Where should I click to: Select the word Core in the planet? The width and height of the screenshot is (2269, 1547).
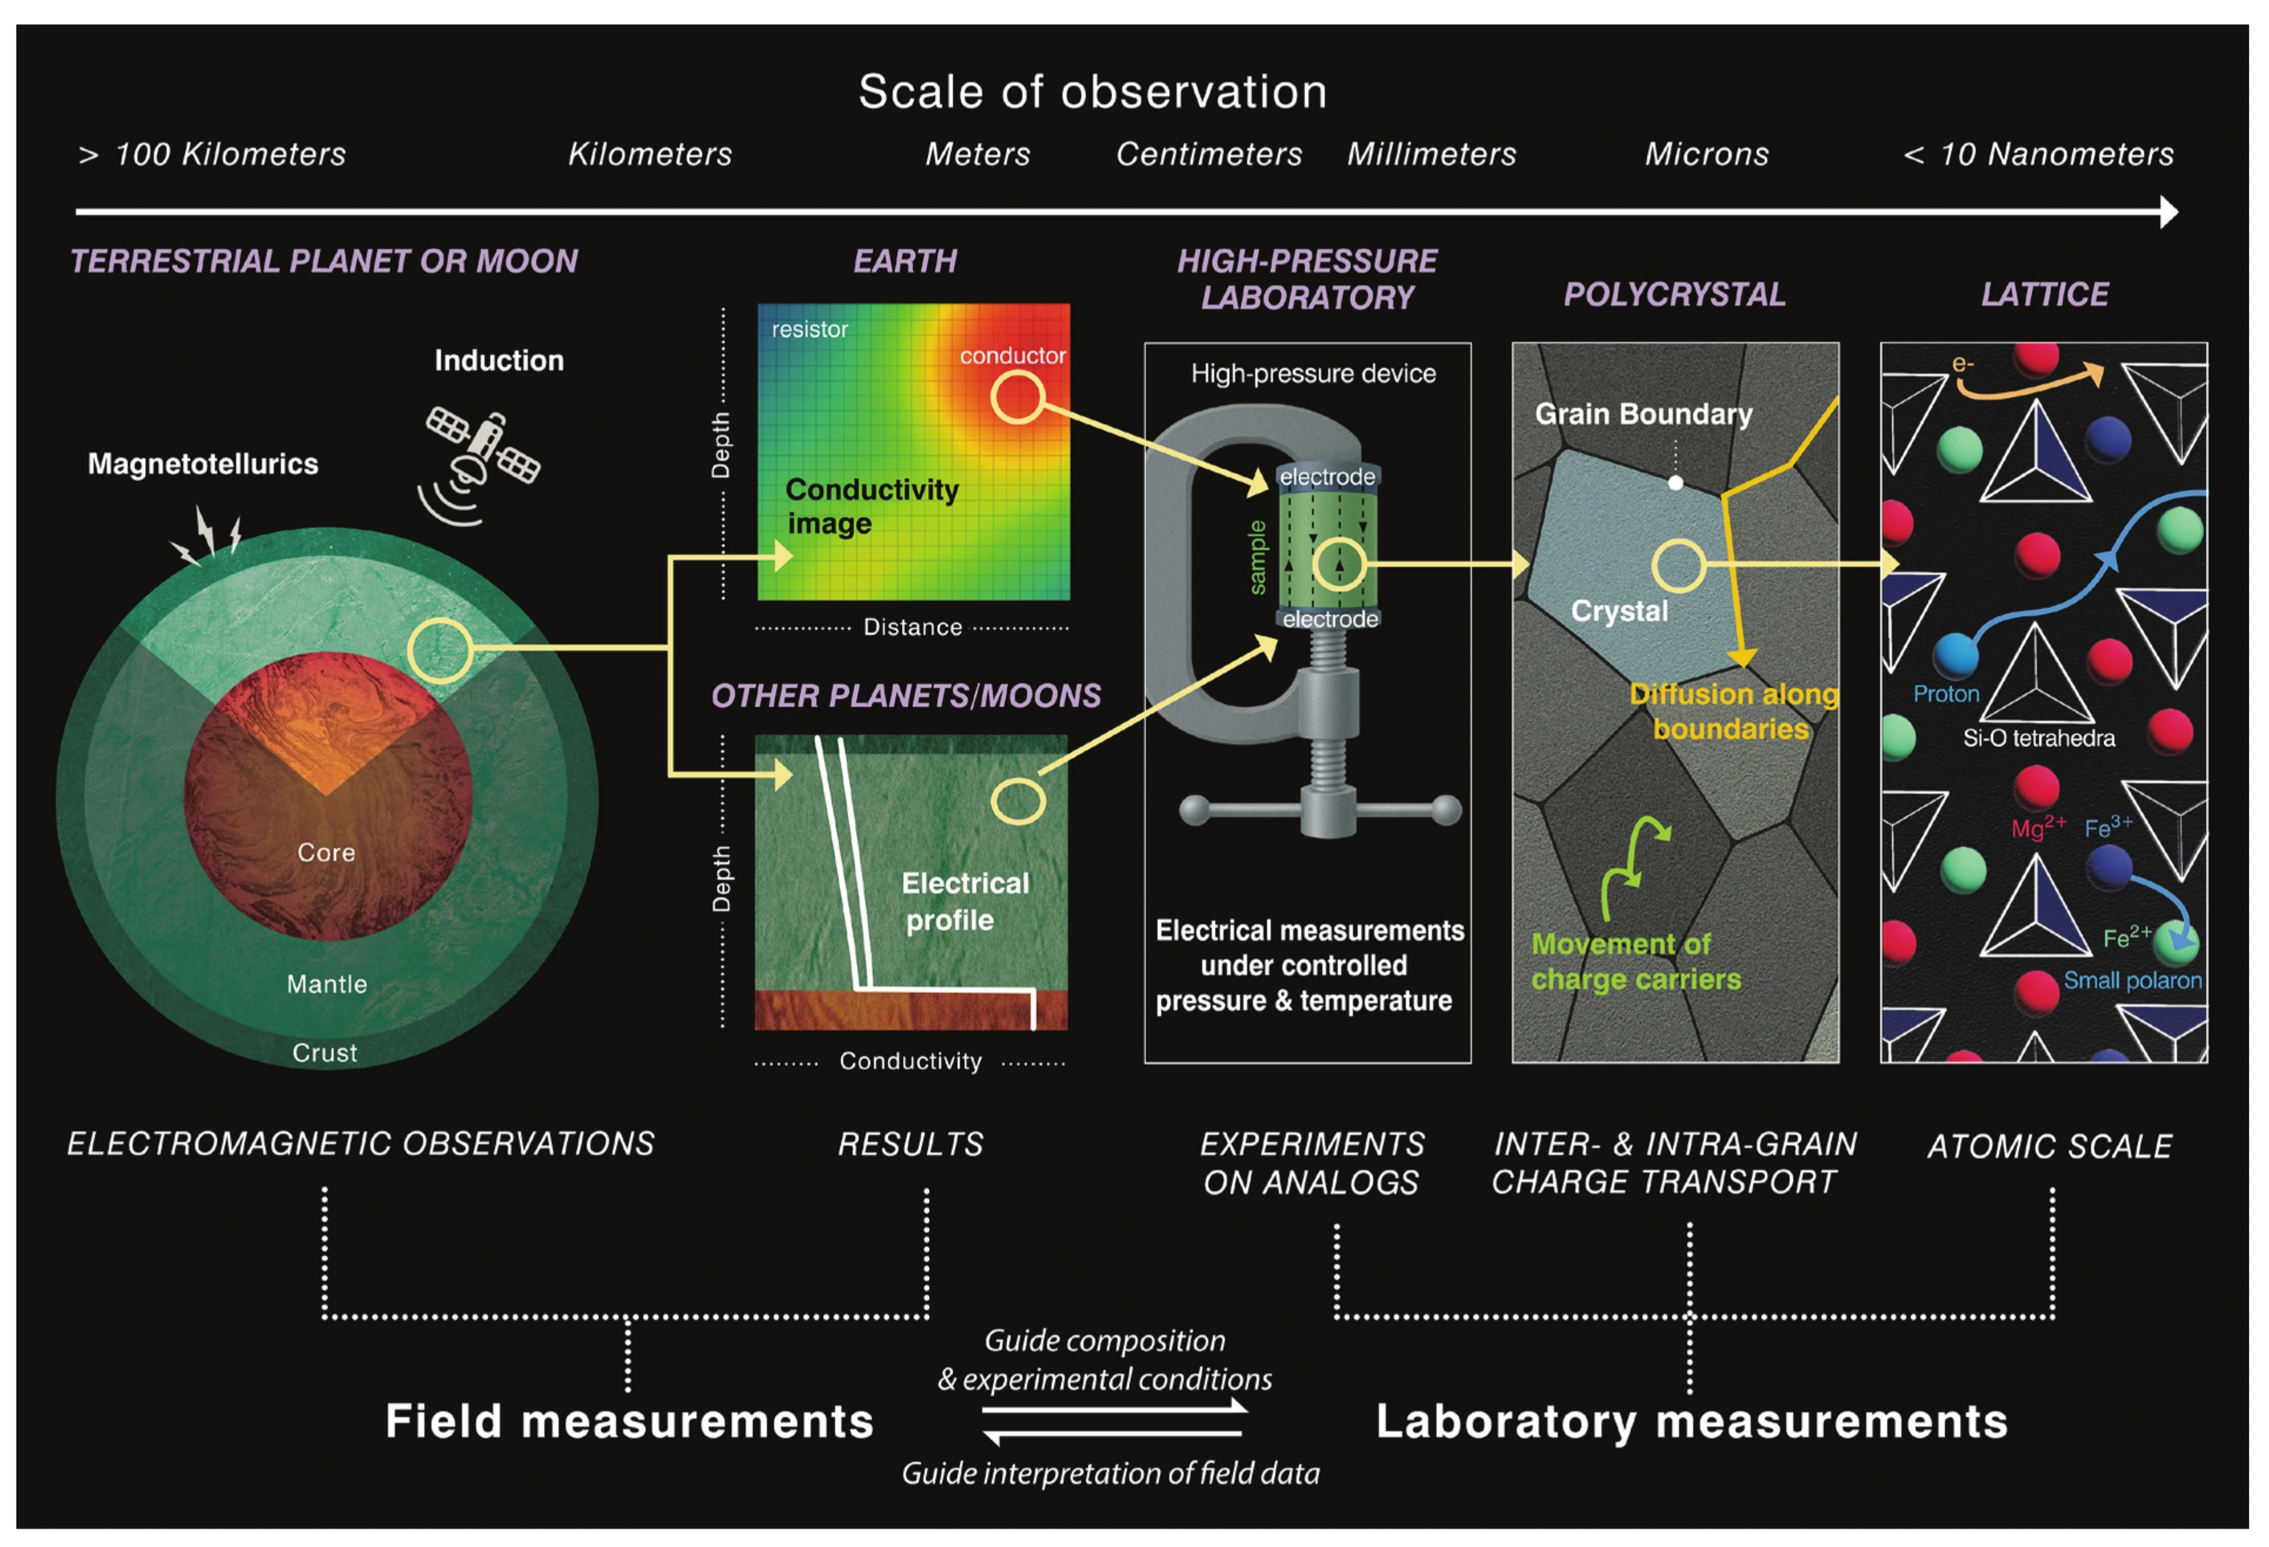(326, 852)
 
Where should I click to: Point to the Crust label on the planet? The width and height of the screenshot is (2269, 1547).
(325, 1052)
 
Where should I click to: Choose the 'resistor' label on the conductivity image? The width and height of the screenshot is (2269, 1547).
(810, 330)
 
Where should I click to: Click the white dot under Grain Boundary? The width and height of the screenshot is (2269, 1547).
(1676, 482)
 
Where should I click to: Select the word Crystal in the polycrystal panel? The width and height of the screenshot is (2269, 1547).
(1619, 611)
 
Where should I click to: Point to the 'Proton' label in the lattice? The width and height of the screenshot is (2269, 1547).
(1946, 694)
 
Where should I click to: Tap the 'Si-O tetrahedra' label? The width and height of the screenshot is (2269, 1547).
(2039, 738)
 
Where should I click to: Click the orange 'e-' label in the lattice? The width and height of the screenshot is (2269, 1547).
(1962, 364)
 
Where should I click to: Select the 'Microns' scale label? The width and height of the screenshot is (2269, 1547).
(1707, 154)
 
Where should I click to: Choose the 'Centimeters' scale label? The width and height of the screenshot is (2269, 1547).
(1209, 154)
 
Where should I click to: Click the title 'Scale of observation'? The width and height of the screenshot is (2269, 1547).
(1093, 92)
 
